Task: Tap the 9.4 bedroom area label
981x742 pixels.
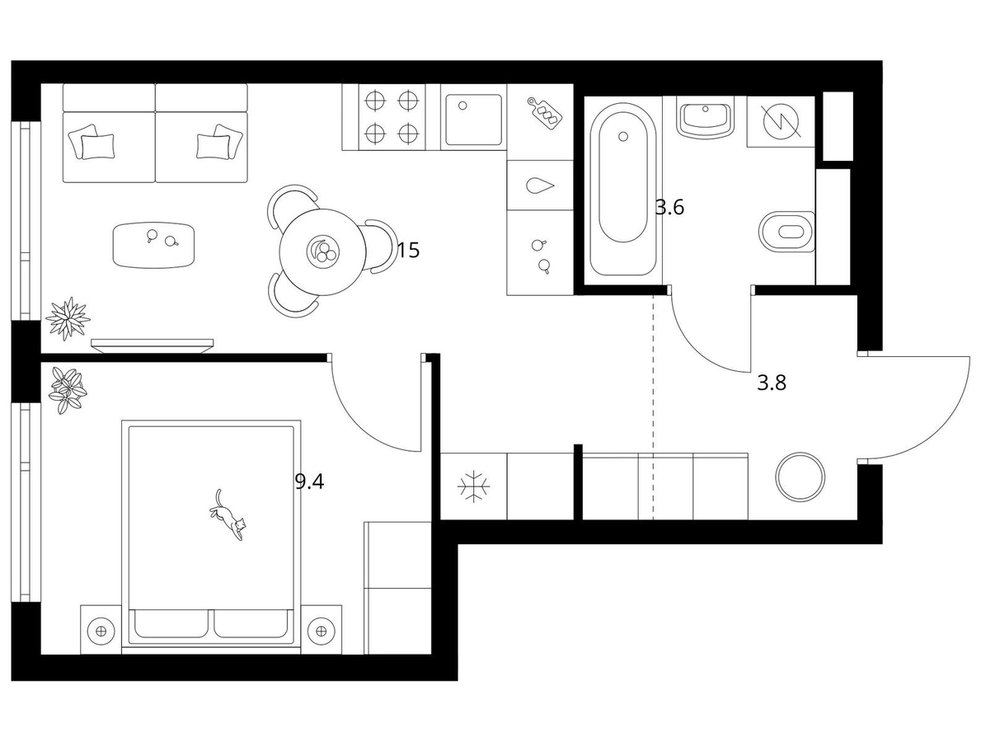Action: pyautogui.click(x=309, y=482)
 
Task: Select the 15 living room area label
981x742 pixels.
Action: pyautogui.click(x=408, y=251)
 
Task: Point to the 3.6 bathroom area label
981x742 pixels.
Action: pyautogui.click(x=669, y=207)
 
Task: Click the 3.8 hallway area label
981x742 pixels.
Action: pyautogui.click(x=772, y=383)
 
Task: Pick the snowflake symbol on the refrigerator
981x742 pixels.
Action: pyautogui.click(x=474, y=486)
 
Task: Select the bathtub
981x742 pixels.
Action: pyautogui.click(x=622, y=188)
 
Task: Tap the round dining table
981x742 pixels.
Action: pyautogui.click(x=323, y=251)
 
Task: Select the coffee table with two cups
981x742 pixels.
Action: pyautogui.click(x=153, y=246)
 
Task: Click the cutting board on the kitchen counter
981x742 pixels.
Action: pyautogui.click(x=544, y=113)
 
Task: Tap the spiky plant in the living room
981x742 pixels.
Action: pyautogui.click(x=68, y=318)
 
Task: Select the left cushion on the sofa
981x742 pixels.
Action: pyautogui.click(x=92, y=143)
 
